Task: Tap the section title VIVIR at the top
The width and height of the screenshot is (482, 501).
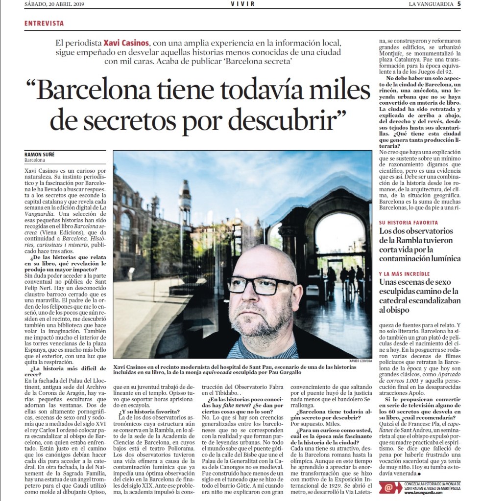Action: (242, 4)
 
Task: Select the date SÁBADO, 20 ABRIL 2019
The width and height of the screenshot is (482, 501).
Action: (55, 4)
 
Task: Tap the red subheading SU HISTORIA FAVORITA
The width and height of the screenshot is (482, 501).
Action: (409, 223)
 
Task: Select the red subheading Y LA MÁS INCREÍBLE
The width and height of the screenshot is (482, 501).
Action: (404, 274)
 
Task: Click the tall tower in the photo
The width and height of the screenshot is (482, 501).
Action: (185, 205)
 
